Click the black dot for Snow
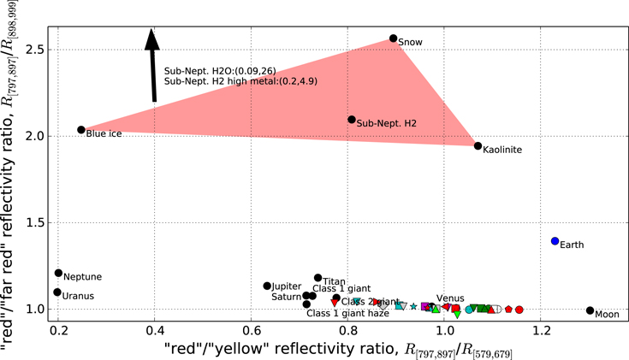click(x=394, y=38)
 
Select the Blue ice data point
click(x=81, y=130)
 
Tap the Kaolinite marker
click(x=478, y=146)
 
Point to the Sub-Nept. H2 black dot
click(x=352, y=120)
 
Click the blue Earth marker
click(x=555, y=241)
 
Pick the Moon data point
click(x=590, y=310)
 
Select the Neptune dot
click(x=58, y=274)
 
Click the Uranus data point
click(x=57, y=292)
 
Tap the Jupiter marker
click(x=267, y=286)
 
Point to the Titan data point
click(x=317, y=278)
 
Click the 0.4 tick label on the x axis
click(x=155, y=329)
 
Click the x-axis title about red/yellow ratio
click(x=338, y=348)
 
